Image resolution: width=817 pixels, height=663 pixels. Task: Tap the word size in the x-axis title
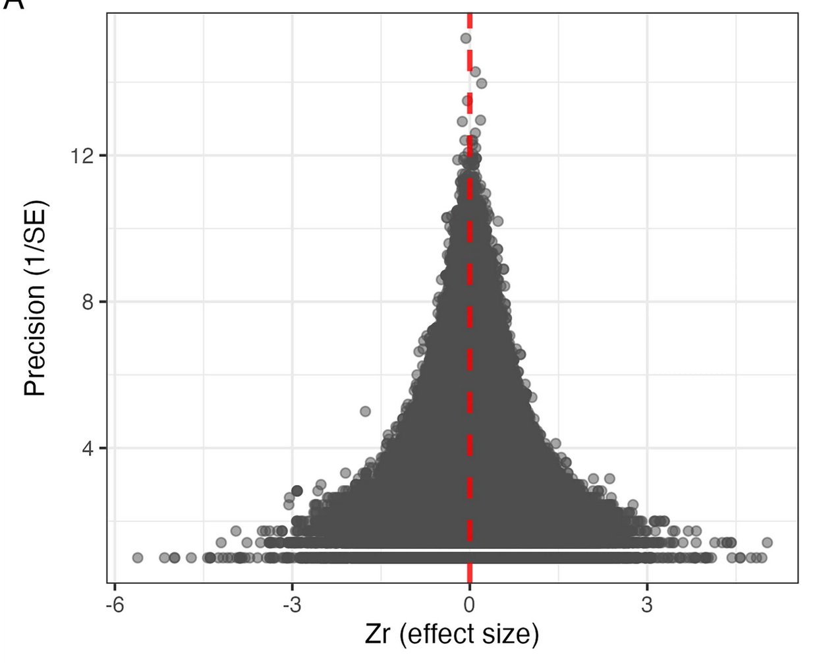(511, 634)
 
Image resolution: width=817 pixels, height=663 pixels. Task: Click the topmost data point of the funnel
(466, 38)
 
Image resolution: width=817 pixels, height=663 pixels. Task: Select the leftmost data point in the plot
(138, 558)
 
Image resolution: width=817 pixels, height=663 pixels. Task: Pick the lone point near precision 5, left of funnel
(365, 411)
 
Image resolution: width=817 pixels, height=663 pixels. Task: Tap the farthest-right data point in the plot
(766, 542)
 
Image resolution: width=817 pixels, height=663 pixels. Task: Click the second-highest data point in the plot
(475, 71)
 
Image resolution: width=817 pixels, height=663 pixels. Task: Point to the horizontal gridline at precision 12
(264, 156)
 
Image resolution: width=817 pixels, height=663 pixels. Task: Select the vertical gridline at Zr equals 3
(647, 264)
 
